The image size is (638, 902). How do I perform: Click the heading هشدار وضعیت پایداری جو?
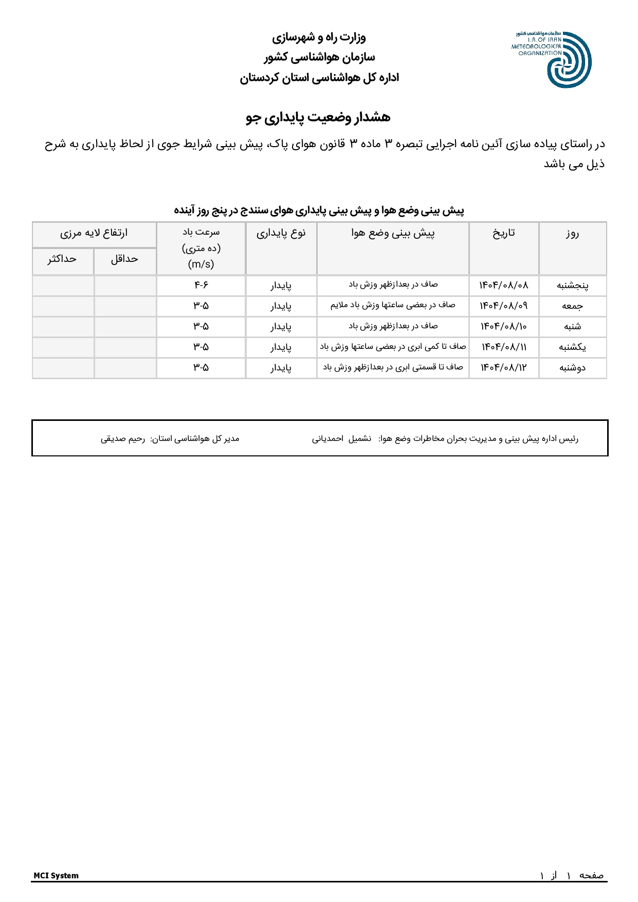(x=318, y=117)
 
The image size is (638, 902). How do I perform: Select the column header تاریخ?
(x=504, y=233)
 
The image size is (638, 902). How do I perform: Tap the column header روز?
(x=572, y=234)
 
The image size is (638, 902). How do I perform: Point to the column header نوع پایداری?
(x=281, y=233)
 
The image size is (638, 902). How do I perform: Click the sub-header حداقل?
(x=125, y=259)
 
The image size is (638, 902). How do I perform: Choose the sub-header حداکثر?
(x=62, y=259)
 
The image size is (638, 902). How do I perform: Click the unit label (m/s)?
(x=201, y=264)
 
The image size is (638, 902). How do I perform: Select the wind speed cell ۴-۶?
(x=201, y=285)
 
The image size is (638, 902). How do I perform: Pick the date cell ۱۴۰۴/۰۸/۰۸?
(x=504, y=285)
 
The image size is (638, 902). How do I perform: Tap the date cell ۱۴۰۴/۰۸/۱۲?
(x=504, y=367)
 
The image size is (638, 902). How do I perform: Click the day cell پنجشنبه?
(x=572, y=285)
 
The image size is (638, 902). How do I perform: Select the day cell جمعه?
(x=572, y=306)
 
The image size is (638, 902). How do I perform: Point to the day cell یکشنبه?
(x=572, y=347)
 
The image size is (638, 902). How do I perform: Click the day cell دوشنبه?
(x=572, y=367)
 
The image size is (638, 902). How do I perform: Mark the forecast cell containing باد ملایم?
(x=393, y=305)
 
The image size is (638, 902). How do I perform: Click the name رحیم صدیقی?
(x=123, y=439)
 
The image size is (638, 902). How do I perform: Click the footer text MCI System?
(x=56, y=875)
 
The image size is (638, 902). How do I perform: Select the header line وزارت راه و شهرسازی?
(x=319, y=37)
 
